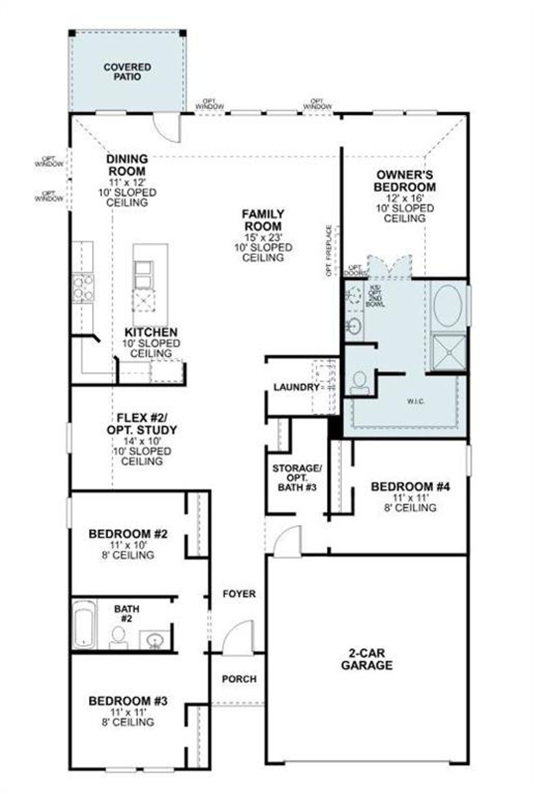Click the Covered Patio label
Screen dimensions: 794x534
click(x=127, y=72)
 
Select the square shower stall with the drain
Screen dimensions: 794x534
click(x=449, y=352)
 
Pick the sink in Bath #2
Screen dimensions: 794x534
click(x=155, y=639)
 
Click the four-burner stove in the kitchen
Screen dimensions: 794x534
click(x=83, y=288)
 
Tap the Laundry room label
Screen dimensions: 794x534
click(x=296, y=387)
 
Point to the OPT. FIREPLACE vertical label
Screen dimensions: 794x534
click(x=329, y=251)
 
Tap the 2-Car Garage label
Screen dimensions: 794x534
click(x=367, y=659)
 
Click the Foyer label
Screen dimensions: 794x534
click(x=239, y=594)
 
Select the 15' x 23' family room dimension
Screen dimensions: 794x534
click(x=263, y=237)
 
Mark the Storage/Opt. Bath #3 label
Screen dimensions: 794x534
click(x=297, y=477)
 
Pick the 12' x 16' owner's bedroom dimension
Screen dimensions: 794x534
click(x=404, y=198)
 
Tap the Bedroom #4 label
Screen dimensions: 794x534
click(x=410, y=486)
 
